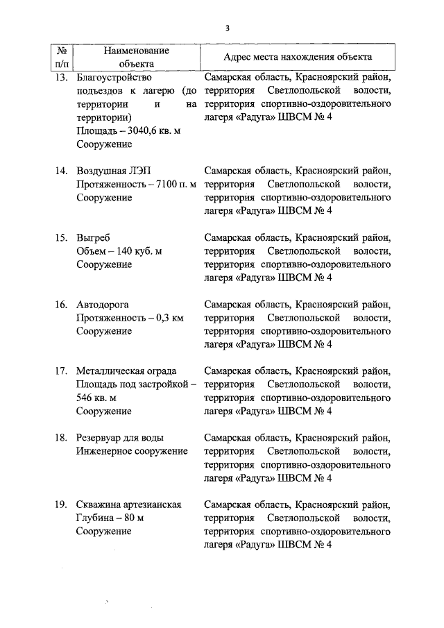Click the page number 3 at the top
click(x=227, y=28)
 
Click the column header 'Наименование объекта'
click(x=136, y=57)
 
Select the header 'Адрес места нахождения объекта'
click(x=297, y=57)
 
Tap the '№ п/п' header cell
click(x=62, y=57)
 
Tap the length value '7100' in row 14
click(x=166, y=185)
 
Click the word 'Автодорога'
click(x=103, y=304)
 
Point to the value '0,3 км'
click(x=169, y=318)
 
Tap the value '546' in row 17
click(x=85, y=398)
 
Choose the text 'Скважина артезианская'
click(x=129, y=504)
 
